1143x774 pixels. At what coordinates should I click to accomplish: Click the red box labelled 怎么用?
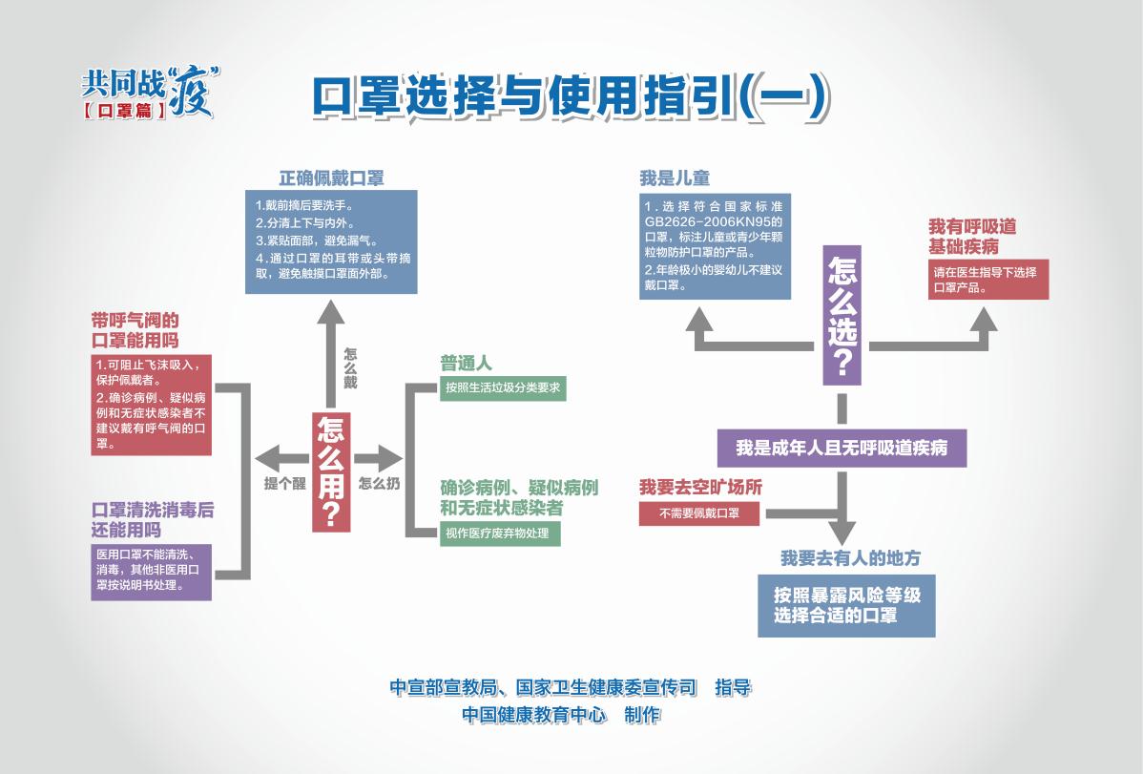point(330,471)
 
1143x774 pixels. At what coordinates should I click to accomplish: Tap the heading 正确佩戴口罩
point(331,178)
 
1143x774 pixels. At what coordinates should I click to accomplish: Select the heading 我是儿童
point(675,178)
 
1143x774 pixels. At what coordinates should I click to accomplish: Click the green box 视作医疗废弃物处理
point(500,533)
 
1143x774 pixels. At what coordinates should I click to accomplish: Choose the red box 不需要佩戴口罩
point(699,513)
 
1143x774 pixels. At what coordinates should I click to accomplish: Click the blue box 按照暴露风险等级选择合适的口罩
point(846,604)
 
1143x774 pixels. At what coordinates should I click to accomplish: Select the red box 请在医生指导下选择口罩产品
point(988,280)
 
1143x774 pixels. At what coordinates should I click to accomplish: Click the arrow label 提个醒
point(283,483)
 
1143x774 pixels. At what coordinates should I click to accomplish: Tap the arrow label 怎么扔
point(379,483)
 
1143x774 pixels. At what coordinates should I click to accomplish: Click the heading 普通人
point(466,364)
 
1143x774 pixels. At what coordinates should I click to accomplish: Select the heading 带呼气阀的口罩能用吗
point(135,330)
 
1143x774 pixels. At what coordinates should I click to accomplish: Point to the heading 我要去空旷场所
point(701,487)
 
